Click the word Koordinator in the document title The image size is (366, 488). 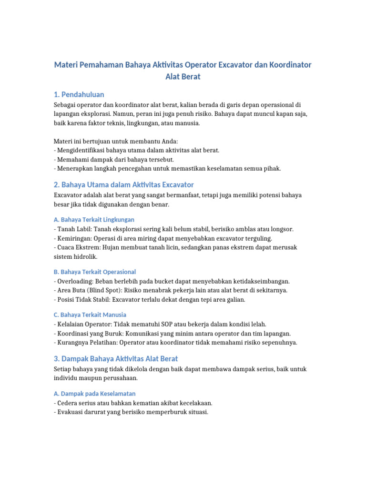click(x=283, y=64)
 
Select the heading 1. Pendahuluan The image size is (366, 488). click(x=79, y=94)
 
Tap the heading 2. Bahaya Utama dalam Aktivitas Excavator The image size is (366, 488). click(x=124, y=184)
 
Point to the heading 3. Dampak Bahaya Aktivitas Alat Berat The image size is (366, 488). click(x=117, y=358)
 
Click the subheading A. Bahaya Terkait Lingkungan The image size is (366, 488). click(x=94, y=220)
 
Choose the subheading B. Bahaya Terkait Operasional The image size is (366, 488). click(x=95, y=272)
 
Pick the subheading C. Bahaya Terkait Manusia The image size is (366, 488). click(x=90, y=315)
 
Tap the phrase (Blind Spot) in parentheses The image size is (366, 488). click(x=109, y=290)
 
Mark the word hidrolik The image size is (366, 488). click(x=85, y=256)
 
